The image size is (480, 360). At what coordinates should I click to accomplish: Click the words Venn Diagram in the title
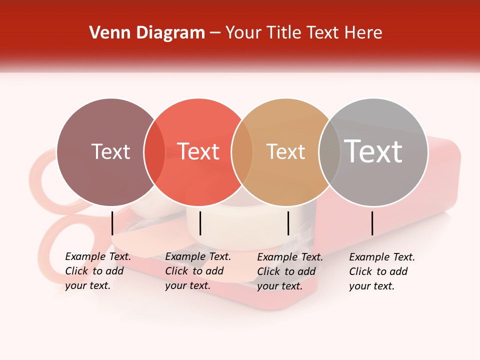pos(147,33)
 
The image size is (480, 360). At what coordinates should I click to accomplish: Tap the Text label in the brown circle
pos(110,151)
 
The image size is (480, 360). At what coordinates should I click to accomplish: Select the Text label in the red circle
pos(198,151)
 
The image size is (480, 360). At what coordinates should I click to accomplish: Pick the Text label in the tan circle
pos(285,151)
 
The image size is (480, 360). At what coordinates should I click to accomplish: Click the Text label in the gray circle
pos(373,151)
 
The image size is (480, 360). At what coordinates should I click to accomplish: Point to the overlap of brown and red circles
pos(154,152)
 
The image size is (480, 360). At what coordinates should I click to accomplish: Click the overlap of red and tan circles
pos(242,152)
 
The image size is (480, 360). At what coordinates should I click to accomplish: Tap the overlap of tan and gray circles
pos(329,152)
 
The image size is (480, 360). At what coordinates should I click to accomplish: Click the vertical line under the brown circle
pos(112,223)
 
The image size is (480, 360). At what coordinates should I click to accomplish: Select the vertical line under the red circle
pos(200,223)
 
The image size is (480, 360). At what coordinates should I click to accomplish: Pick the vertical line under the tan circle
pos(288,223)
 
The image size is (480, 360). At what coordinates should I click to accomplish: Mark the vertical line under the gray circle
pos(372,223)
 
